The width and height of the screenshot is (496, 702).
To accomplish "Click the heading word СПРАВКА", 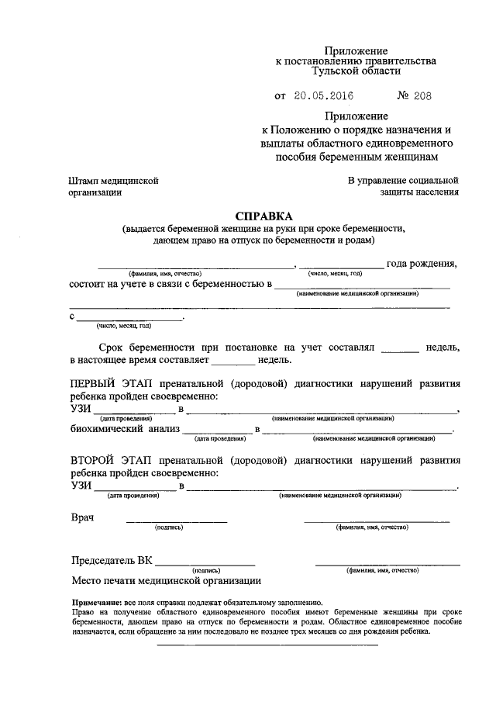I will tap(264, 215).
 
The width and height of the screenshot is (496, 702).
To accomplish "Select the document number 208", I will tap(421, 96).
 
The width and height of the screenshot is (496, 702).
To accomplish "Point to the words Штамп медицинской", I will tap(114, 180).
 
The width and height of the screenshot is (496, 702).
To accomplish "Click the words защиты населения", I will tap(419, 192).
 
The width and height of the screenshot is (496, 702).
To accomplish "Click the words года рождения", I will tap(421, 264).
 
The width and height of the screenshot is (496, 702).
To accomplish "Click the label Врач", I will tap(83, 517).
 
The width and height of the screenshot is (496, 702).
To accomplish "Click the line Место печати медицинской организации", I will tap(166, 579).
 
